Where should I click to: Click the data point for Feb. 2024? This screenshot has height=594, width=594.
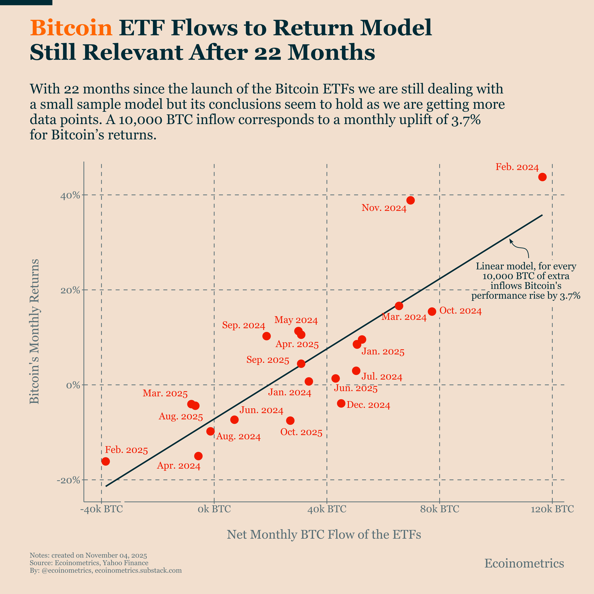pos(542,177)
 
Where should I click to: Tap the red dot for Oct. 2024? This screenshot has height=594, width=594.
pos(432,312)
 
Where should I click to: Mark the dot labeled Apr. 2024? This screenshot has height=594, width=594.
pos(198,456)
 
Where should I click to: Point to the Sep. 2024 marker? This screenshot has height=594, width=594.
pos(267,336)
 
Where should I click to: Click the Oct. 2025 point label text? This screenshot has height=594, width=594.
pos(301,432)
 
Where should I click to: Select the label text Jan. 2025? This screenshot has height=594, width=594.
pos(383,352)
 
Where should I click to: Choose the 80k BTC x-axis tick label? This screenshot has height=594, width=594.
pos(439,509)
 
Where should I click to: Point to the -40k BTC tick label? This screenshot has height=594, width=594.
pos(101,509)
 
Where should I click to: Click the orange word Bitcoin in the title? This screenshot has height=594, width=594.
pos(71,28)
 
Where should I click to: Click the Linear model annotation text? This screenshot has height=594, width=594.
pos(526,281)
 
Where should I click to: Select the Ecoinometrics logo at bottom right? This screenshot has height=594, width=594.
pos(524,563)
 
